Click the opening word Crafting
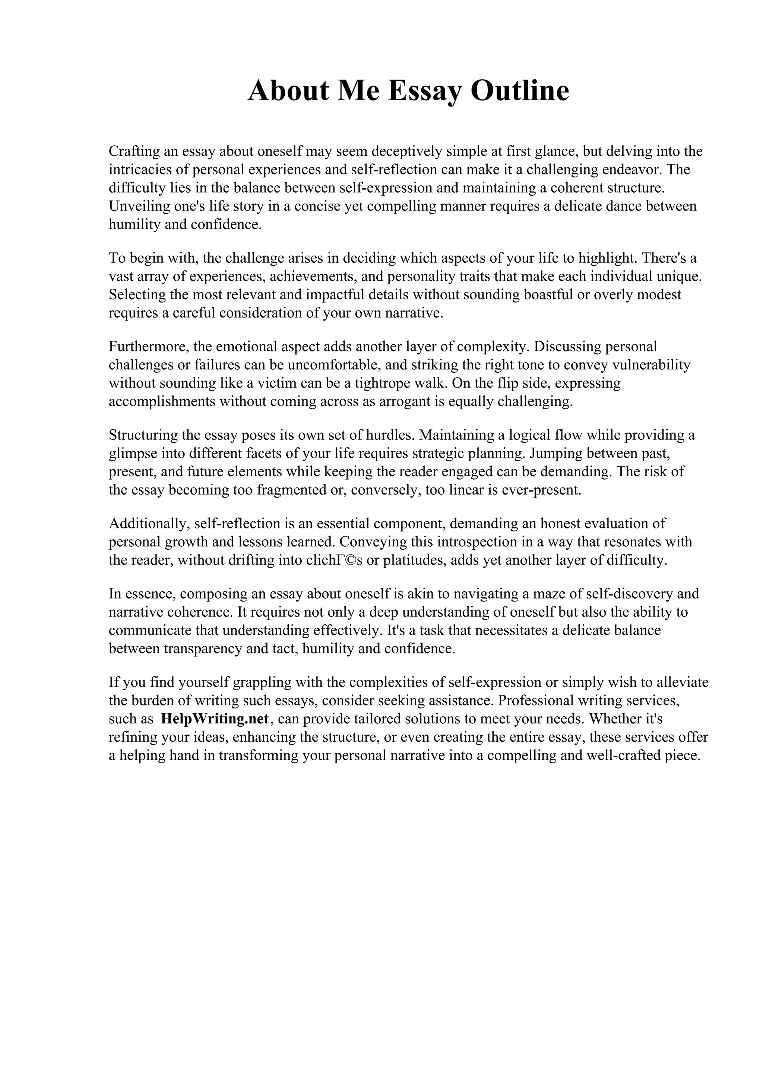(134, 151)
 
